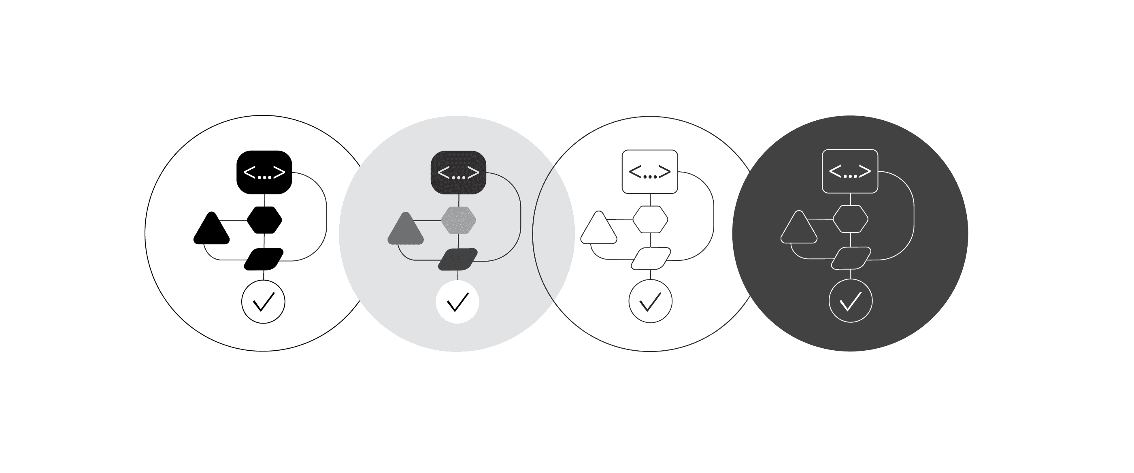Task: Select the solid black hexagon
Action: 264,220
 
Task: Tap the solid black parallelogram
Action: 264,260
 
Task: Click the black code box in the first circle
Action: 264,172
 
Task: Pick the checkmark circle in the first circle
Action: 263,302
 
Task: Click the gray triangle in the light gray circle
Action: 405,230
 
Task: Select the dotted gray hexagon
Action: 458,220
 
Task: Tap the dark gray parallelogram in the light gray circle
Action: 458,260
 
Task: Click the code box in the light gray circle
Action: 458,172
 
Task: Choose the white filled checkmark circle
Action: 457,302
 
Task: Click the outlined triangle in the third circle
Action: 599,230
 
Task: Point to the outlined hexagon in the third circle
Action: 650,219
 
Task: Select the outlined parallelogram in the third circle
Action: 651,258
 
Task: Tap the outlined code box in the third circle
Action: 650,171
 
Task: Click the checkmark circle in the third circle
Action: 650,302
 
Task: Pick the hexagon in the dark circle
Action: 851,219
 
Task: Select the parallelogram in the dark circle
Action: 851,258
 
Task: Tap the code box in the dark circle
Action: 850,171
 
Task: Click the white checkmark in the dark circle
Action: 851,302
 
